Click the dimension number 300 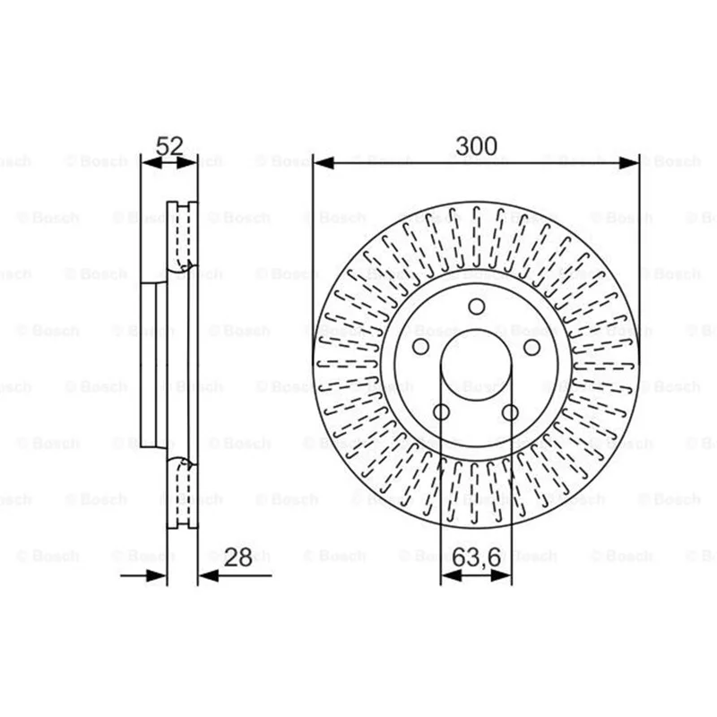pyautogui.click(x=476, y=146)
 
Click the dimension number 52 pyautogui.click(x=169, y=146)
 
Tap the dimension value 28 pyautogui.click(x=238, y=557)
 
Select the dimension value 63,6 pyautogui.click(x=477, y=557)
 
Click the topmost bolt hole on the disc pyautogui.click(x=477, y=307)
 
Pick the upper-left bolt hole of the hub pyautogui.click(x=420, y=347)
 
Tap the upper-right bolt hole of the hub pyautogui.click(x=531, y=347)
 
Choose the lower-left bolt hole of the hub pyautogui.click(x=441, y=412)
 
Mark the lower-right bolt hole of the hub pyautogui.click(x=510, y=412)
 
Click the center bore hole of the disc pyautogui.click(x=476, y=365)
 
